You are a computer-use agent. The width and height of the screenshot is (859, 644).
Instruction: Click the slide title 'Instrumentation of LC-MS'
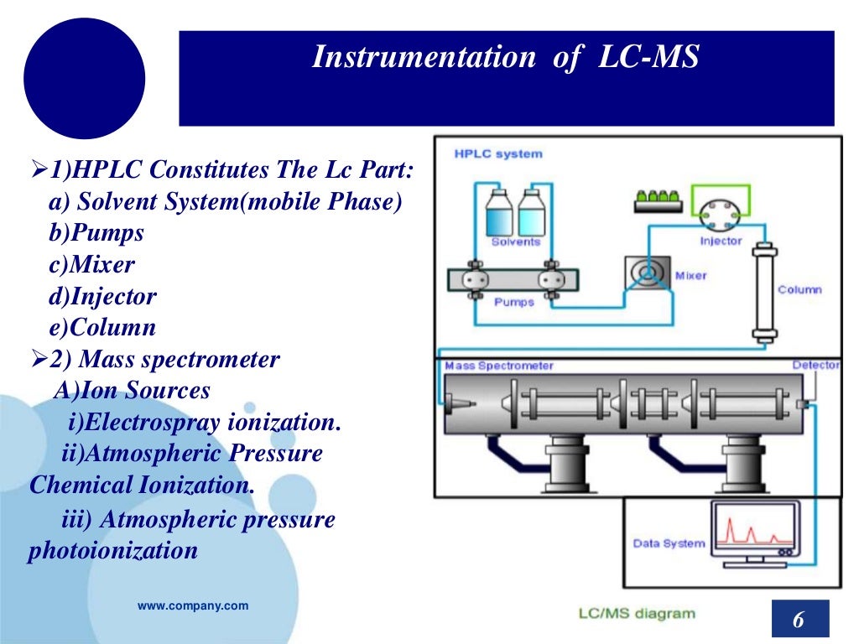(505, 58)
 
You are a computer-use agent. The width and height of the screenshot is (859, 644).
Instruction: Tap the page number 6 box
(799, 621)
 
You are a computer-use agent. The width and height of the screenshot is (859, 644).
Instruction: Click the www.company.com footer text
(193, 605)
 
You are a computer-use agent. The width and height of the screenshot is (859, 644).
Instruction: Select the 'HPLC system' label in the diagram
(497, 153)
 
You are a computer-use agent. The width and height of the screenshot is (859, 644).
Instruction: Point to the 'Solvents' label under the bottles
(515, 242)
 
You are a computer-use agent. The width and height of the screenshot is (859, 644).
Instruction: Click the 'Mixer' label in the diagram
(690, 275)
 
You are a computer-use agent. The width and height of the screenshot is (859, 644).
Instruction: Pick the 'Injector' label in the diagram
(721, 241)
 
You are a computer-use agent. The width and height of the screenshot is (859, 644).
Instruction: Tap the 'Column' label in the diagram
(799, 289)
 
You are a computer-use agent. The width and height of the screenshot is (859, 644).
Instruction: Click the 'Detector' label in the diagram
(815, 366)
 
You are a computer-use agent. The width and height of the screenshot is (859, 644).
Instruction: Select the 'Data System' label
(669, 543)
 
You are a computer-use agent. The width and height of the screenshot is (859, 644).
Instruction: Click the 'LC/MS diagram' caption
(637, 613)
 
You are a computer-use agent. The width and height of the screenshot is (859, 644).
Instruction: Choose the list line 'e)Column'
(102, 328)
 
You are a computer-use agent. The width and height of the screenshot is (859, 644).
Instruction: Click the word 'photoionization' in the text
(113, 551)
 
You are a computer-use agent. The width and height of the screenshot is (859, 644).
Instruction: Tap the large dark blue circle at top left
(84, 79)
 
